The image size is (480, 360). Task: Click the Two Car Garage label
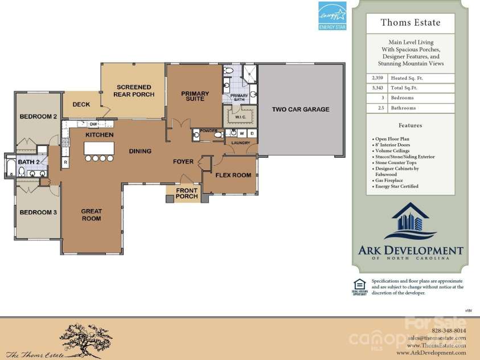point(300,109)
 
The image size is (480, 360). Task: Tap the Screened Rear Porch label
point(133,91)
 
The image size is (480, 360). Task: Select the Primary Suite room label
point(195,96)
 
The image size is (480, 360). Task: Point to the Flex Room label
point(233,175)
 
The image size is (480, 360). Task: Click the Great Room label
point(91,215)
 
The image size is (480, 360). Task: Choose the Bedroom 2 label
point(38,117)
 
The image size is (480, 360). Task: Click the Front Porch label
point(187,194)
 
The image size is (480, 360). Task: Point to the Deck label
point(81,104)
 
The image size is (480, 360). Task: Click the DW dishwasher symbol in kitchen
point(93,124)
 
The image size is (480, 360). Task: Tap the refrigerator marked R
point(65,162)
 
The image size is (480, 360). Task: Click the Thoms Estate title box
point(410,24)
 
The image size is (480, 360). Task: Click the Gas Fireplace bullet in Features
point(389,181)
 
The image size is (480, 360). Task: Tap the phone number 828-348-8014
point(449,330)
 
